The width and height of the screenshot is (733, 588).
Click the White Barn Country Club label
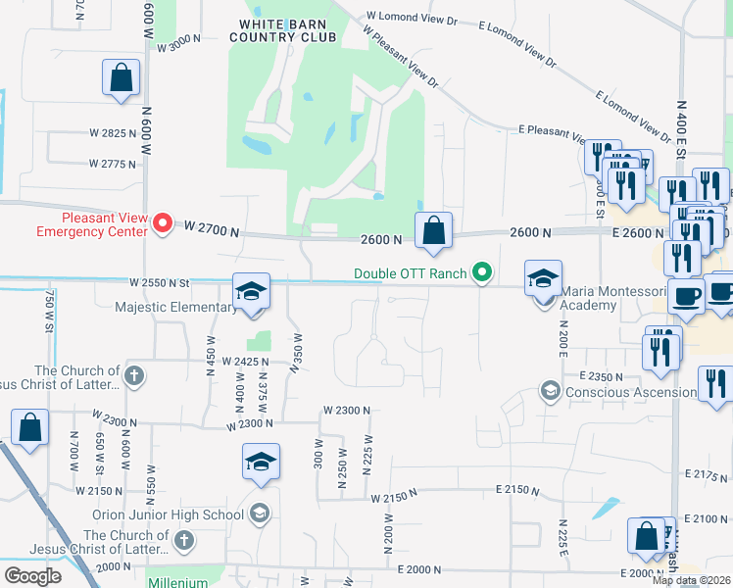pos(282,29)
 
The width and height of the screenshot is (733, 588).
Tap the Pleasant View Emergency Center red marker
pos(164,225)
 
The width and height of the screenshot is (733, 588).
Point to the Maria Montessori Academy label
pos(589,298)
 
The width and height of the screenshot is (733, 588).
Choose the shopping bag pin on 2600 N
pos(433,231)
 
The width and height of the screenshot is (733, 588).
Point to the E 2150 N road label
pos(518,488)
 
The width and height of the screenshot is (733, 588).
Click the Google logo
pos(32,576)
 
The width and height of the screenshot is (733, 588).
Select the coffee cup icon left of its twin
pos(686,295)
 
